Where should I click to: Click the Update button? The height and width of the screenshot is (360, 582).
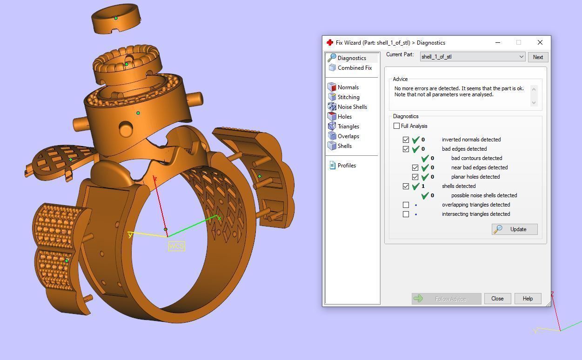coord(515,229)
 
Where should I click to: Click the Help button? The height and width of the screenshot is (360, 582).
coord(527,299)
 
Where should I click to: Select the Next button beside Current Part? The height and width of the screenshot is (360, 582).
coord(538,57)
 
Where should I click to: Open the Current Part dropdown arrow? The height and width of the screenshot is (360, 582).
coord(521,57)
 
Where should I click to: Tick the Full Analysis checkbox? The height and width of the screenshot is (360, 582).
coord(397,126)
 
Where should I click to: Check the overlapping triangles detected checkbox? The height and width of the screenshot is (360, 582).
coord(406,205)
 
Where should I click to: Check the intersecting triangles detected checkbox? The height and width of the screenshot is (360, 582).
coord(406,214)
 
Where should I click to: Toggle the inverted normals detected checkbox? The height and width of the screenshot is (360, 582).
coord(406,140)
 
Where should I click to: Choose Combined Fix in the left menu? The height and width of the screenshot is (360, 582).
coord(354,68)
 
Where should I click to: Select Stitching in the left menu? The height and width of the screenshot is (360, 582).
coord(348,97)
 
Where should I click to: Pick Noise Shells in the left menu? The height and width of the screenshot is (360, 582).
coord(352,107)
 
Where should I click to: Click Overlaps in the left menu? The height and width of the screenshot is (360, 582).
coord(348,136)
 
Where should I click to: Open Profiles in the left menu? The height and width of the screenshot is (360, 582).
coord(346,166)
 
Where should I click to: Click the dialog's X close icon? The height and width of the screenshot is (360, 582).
coord(540,42)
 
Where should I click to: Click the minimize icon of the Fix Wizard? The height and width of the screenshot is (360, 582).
coord(498,42)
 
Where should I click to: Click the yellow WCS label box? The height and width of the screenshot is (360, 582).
coord(177,246)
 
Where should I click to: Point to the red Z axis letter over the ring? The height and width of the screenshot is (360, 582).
coord(155,179)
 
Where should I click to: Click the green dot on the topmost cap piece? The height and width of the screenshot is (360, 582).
coord(116,18)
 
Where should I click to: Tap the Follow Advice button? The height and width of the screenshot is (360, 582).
coord(446,299)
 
